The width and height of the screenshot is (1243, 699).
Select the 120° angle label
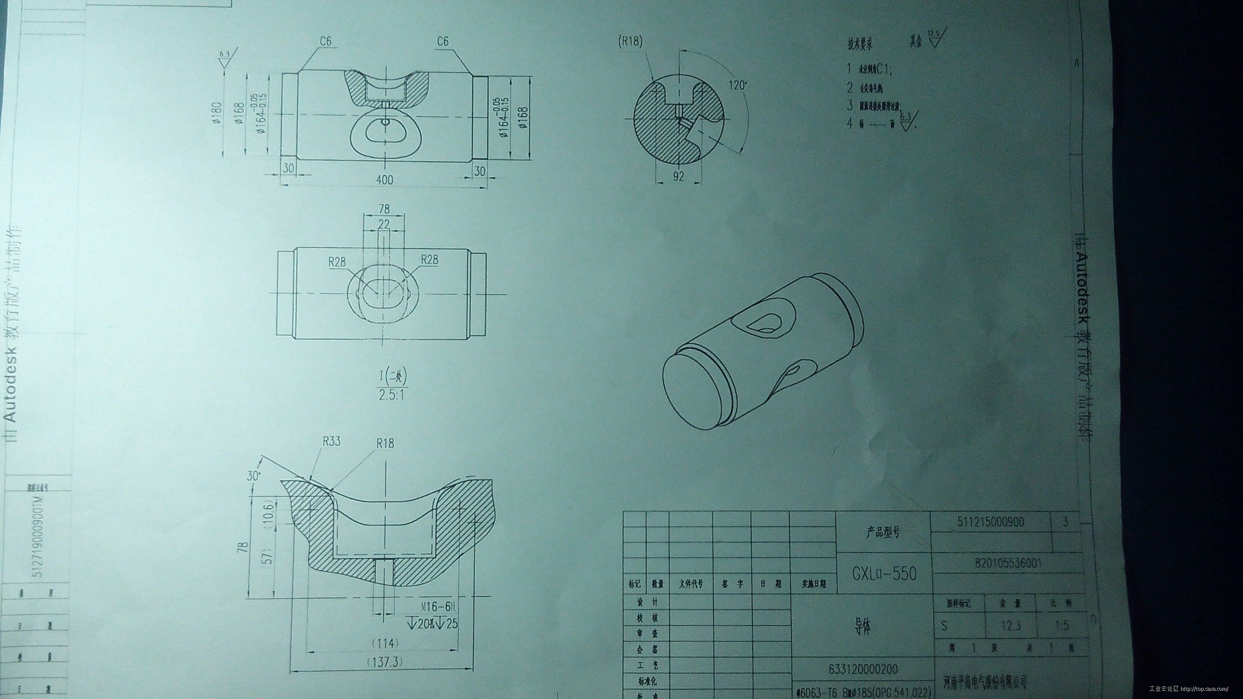(737, 86)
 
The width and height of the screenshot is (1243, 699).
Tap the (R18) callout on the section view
(631, 42)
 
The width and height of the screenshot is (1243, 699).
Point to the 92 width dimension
(678, 177)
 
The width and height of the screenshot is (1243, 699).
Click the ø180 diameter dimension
(217, 114)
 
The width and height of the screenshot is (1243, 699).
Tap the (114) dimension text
(385, 643)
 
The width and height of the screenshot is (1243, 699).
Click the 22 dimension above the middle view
(384, 224)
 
